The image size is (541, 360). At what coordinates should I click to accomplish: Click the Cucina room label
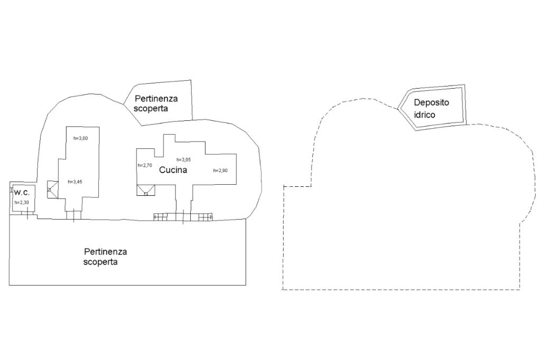[173, 170]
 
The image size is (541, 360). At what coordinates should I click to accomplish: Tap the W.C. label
[22, 192]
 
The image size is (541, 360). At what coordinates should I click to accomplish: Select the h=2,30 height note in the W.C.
[21, 202]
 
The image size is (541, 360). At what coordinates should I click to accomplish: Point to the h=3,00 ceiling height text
[80, 138]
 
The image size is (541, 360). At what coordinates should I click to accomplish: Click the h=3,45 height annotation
[75, 182]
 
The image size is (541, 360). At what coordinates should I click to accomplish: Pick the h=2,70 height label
[145, 165]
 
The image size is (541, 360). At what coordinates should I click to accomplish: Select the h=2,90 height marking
[220, 170]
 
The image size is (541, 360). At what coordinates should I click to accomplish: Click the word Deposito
[431, 102]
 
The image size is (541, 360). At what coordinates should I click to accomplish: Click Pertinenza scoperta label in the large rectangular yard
[105, 257]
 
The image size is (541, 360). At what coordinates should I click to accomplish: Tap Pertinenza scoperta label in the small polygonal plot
[156, 103]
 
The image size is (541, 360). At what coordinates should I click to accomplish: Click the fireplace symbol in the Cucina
[146, 190]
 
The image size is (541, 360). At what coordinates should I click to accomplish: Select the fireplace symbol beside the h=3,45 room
[52, 189]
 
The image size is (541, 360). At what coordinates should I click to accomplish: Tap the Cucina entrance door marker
[183, 216]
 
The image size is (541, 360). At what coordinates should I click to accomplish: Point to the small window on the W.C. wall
[11, 190]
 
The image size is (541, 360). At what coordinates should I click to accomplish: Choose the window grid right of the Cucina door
[204, 216]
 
